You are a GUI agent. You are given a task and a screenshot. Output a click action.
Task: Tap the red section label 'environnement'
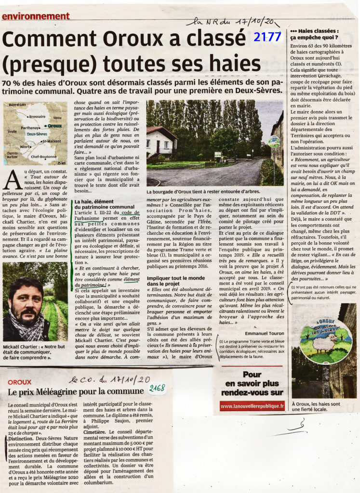pyautogui.click(x=36, y=16)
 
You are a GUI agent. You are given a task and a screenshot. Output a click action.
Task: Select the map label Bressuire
pyautogui.click(x=37, y=117)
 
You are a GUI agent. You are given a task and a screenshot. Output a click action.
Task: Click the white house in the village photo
pyautogui.click(x=161, y=143)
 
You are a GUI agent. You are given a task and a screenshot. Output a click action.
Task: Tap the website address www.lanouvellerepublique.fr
pyautogui.click(x=252, y=407)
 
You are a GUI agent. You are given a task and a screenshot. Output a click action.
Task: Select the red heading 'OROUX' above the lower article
pyautogui.click(x=20, y=382)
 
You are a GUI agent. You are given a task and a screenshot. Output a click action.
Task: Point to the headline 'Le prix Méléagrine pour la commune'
pyautogui.click(x=76, y=391)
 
